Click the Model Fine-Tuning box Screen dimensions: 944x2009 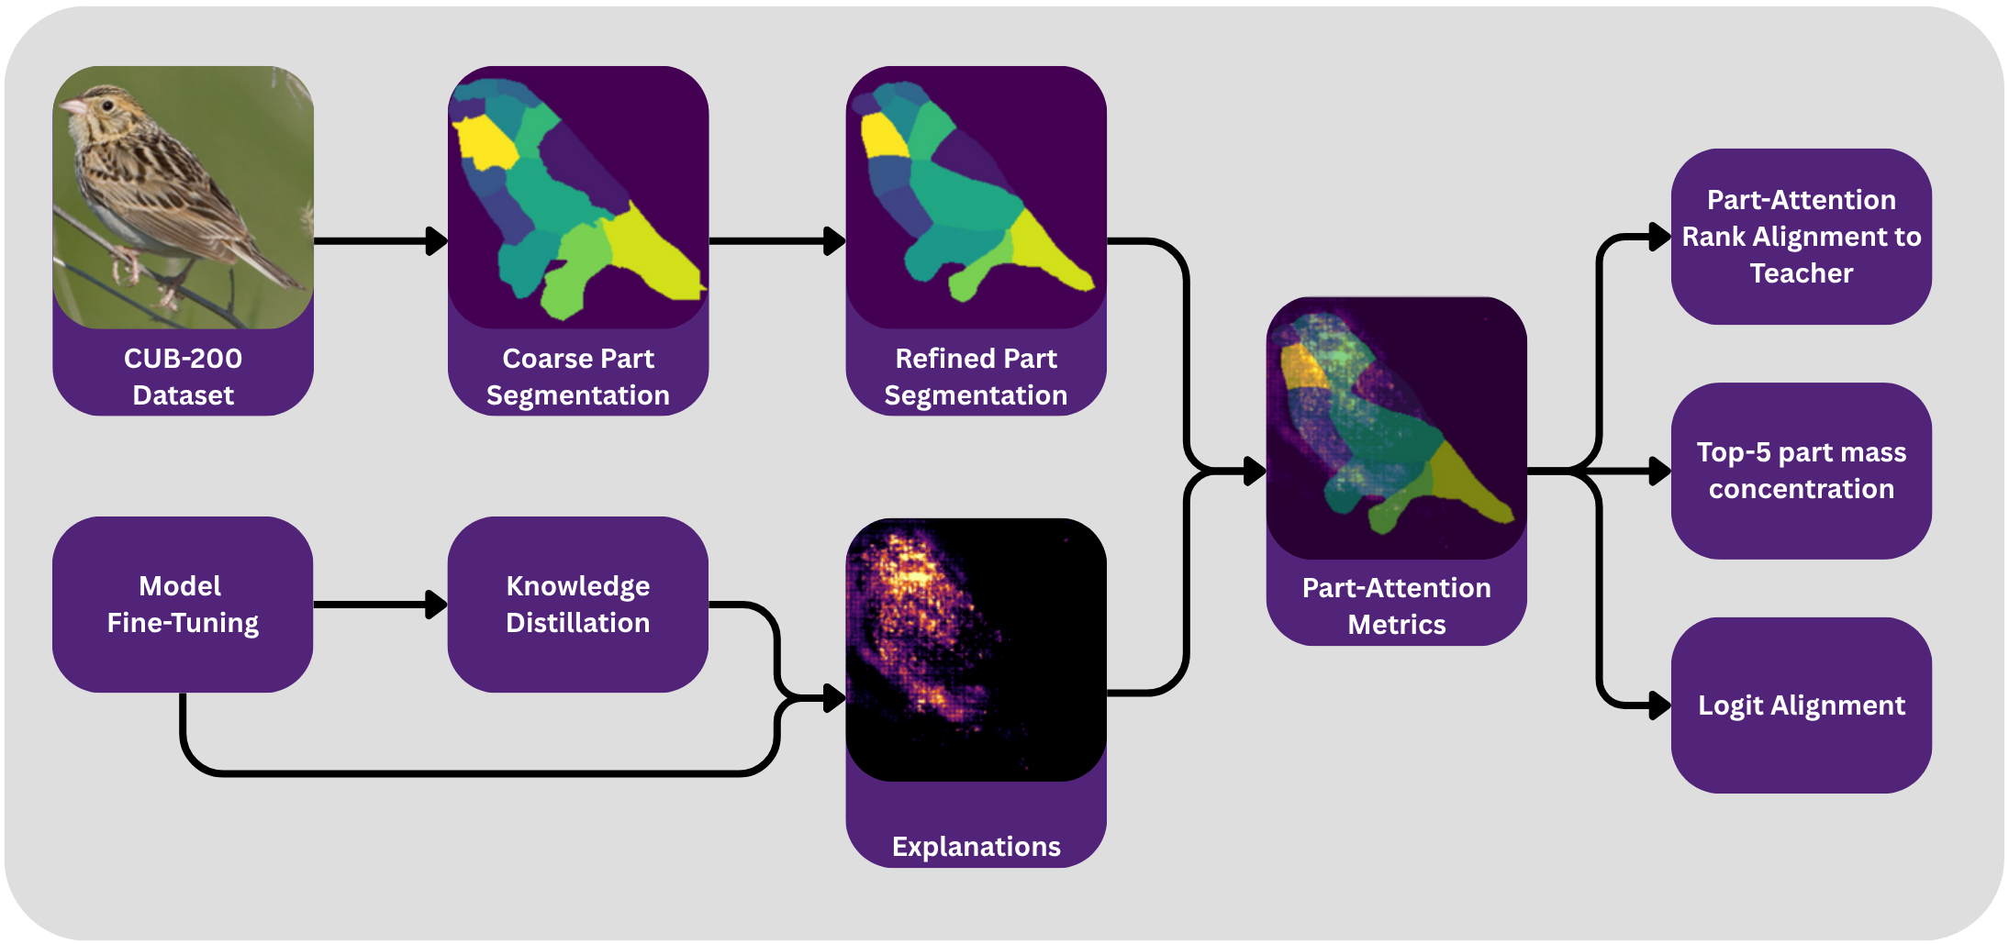pos(183,604)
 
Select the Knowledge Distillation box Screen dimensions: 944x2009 pos(577,604)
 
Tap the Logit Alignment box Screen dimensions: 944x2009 pos(1801,705)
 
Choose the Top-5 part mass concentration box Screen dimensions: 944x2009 pos(1801,471)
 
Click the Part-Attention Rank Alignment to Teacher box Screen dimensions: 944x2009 pos(1801,236)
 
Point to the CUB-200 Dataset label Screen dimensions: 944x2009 pos(183,376)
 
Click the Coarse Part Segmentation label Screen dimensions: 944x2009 pos(577,376)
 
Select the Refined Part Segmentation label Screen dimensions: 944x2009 pos(976,376)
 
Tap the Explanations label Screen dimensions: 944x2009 pos(976,846)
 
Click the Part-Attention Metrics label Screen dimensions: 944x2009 pos(1396,605)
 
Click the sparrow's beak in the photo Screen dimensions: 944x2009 pos(68,107)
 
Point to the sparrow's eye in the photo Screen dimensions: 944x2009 pos(107,105)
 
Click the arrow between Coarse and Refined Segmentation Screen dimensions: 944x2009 pos(776,241)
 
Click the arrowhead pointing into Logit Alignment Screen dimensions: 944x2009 pos(1659,705)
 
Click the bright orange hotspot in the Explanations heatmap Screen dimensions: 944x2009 pos(909,573)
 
